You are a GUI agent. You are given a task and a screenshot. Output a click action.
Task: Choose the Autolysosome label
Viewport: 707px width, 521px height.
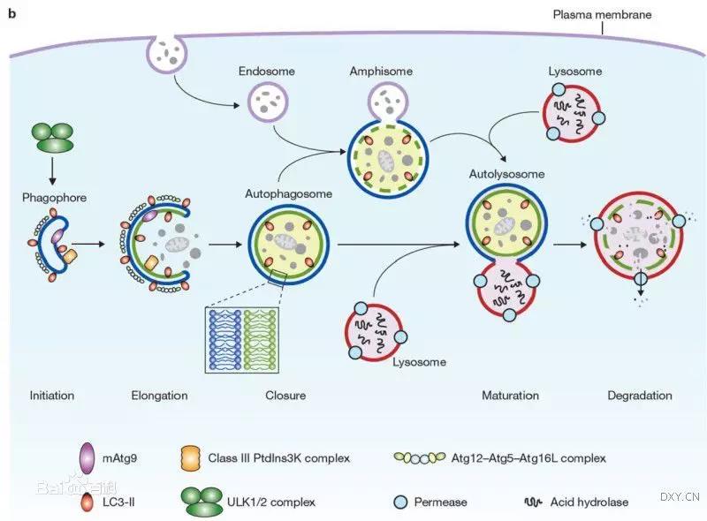[504, 175]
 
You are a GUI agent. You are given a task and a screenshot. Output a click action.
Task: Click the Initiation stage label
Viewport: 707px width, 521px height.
[52, 396]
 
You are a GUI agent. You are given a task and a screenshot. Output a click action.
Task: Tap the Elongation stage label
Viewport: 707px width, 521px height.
[158, 396]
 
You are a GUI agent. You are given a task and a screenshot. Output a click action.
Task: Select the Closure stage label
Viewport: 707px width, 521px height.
[285, 396]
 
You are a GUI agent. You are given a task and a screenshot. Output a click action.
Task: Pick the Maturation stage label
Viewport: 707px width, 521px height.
[510, 396]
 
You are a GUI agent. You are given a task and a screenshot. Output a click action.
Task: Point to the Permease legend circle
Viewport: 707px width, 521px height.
[399, 502]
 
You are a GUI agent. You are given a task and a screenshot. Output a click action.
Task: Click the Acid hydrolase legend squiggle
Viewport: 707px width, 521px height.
[532, 502]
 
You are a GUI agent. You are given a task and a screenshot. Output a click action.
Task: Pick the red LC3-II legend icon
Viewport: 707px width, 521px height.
[86, 502]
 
